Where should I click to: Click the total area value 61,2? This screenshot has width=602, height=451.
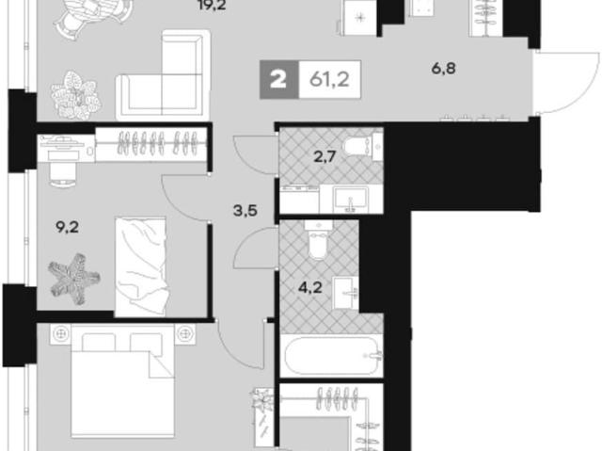pyautogui.click(x=329, y=80)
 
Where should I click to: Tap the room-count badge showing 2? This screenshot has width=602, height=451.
pyautogui.click(x=278, y=80)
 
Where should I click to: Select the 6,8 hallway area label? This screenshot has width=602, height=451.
pyautogui.click(x=443, y=69)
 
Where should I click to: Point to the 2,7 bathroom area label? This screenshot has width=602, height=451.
pyautogui.click(x=325, y=156)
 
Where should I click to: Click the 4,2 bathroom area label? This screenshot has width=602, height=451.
pyautogui.click(x=309, y=287)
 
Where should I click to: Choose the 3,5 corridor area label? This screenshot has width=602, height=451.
pyautogui.click(x=246, y=211)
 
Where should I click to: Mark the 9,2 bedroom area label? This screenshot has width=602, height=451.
pyautogui.click(x=67, y=228)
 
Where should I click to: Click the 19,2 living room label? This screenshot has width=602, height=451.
pyautogui.click(x=212, y=5)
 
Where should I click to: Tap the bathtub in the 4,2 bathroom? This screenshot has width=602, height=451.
pyautogui.click(x=331, y=356)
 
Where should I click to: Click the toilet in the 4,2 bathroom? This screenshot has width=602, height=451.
pyautogui.click(x=317, y=239)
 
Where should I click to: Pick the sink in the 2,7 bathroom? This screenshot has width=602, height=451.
pyautogui.click(x=351, y=199)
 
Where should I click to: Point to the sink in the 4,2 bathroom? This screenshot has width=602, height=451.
pyautogui.click(x=345, y=293)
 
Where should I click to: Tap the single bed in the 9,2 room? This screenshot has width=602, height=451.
pyautogui.click(x=140, y=267)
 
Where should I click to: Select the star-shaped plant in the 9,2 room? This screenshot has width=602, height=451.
pyautogui.click(x=74, y=279)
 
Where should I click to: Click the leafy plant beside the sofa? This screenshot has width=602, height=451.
pyautogui.click(x=75, y=95)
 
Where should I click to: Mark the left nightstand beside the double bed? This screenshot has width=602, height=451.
pyautogui.click(x=60, y=334)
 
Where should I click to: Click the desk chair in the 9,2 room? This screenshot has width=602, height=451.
pyautogui.click(x=62, y=174)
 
